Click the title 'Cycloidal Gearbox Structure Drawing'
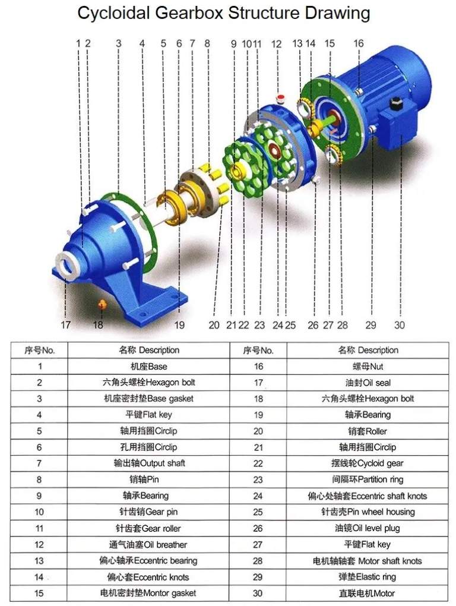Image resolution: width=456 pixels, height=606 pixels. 224,13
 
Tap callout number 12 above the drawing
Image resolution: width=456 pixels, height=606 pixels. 276,43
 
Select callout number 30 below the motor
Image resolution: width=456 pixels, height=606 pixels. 400,325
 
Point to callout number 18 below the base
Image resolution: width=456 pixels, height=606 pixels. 98,325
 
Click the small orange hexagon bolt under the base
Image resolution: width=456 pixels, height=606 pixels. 102,304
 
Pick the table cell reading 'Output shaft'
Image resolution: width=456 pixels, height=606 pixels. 148,463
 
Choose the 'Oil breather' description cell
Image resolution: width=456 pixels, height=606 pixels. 148,544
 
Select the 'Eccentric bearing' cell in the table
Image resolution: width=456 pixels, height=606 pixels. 148,560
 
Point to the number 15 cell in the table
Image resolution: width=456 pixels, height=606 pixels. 39,593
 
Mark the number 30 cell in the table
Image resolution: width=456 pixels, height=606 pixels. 258,593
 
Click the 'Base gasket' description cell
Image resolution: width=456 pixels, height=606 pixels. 148,399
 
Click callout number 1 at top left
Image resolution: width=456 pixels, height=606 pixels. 78,43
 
